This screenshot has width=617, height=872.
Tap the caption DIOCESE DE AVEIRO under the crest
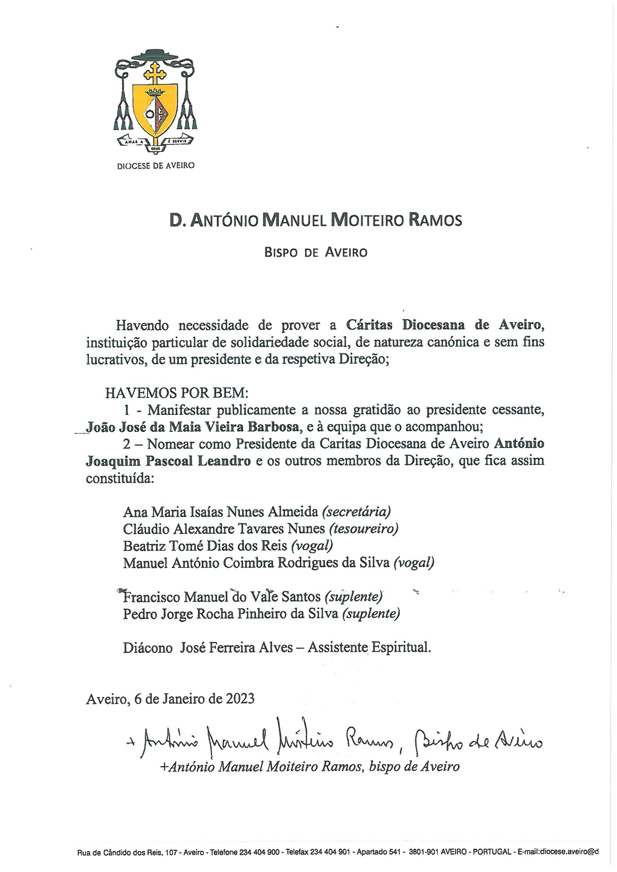(x=156, y=166)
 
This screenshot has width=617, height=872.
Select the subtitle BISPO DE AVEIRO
(x=315, y=252)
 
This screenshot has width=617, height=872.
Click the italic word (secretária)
(x=356, y=512)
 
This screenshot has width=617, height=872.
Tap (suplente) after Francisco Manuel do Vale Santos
(x=353, y=597)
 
